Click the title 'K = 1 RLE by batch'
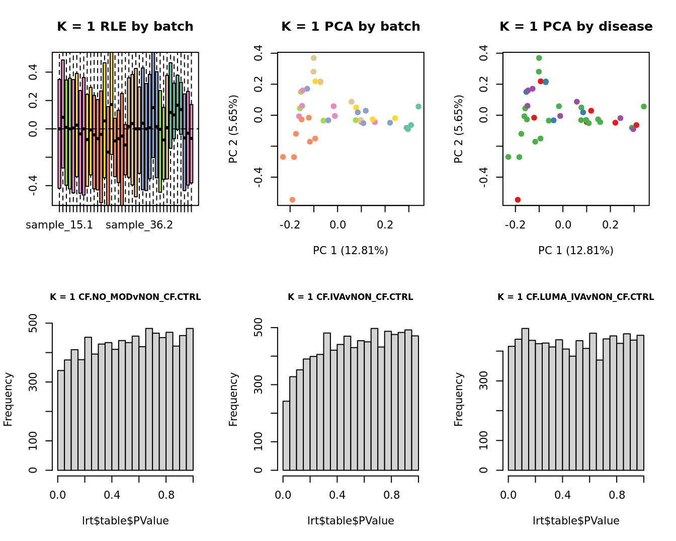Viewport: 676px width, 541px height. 125,27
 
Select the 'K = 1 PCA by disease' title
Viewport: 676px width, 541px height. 576,27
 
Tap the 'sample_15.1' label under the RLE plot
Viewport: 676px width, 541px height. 59,225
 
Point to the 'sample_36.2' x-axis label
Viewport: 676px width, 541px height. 139,225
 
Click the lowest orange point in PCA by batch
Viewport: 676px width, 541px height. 292,200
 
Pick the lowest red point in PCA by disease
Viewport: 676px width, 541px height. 518,200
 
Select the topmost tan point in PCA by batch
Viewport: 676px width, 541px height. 313,58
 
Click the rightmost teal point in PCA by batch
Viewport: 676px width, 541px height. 418,107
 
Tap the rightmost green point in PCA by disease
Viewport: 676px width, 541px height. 644,107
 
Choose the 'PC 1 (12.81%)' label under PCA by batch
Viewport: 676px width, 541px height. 351,251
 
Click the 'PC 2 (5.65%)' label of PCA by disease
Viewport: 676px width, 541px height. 458,129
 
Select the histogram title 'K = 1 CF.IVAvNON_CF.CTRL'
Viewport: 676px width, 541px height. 351,297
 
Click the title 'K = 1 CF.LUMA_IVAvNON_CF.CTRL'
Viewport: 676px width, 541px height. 576,297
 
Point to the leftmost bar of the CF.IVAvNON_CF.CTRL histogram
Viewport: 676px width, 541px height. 286,436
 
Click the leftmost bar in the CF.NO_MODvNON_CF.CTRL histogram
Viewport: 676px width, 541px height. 61,421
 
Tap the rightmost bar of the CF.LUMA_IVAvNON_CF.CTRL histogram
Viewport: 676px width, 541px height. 640,403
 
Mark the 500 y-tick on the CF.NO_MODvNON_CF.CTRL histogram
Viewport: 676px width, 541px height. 33,323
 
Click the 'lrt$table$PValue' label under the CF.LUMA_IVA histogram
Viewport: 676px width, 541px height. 576,521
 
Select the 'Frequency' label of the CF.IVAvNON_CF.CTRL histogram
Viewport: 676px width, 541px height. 233,399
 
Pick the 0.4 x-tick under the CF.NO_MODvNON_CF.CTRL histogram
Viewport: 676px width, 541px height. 112,495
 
